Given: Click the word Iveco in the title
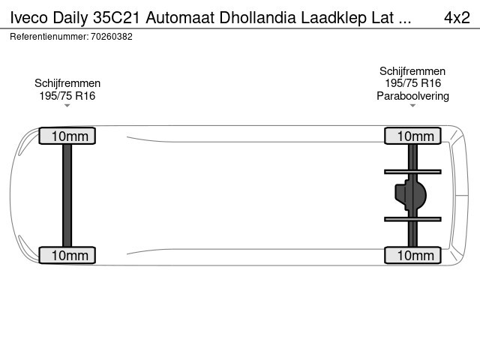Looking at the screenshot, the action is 29,17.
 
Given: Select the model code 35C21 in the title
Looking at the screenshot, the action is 116,17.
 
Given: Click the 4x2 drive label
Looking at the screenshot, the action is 457,17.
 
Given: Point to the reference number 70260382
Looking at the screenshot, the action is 112,37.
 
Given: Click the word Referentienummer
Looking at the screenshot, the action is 49,37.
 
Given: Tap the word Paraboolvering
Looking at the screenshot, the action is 412,96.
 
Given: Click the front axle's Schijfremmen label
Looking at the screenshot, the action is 67,83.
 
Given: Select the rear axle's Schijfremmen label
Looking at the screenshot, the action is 412,71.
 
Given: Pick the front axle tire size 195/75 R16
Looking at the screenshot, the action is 67,96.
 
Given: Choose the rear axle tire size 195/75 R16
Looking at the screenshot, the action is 412,83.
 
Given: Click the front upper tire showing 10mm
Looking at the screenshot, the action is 67,136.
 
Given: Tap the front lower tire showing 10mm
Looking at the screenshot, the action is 67,255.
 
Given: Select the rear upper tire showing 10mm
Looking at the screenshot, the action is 412,136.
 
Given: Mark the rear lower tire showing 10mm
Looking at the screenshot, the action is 412,255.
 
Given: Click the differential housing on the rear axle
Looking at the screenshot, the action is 411,195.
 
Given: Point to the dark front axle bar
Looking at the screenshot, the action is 67,195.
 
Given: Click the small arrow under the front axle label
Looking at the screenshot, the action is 67,106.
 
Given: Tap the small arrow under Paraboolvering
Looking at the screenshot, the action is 412,106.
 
